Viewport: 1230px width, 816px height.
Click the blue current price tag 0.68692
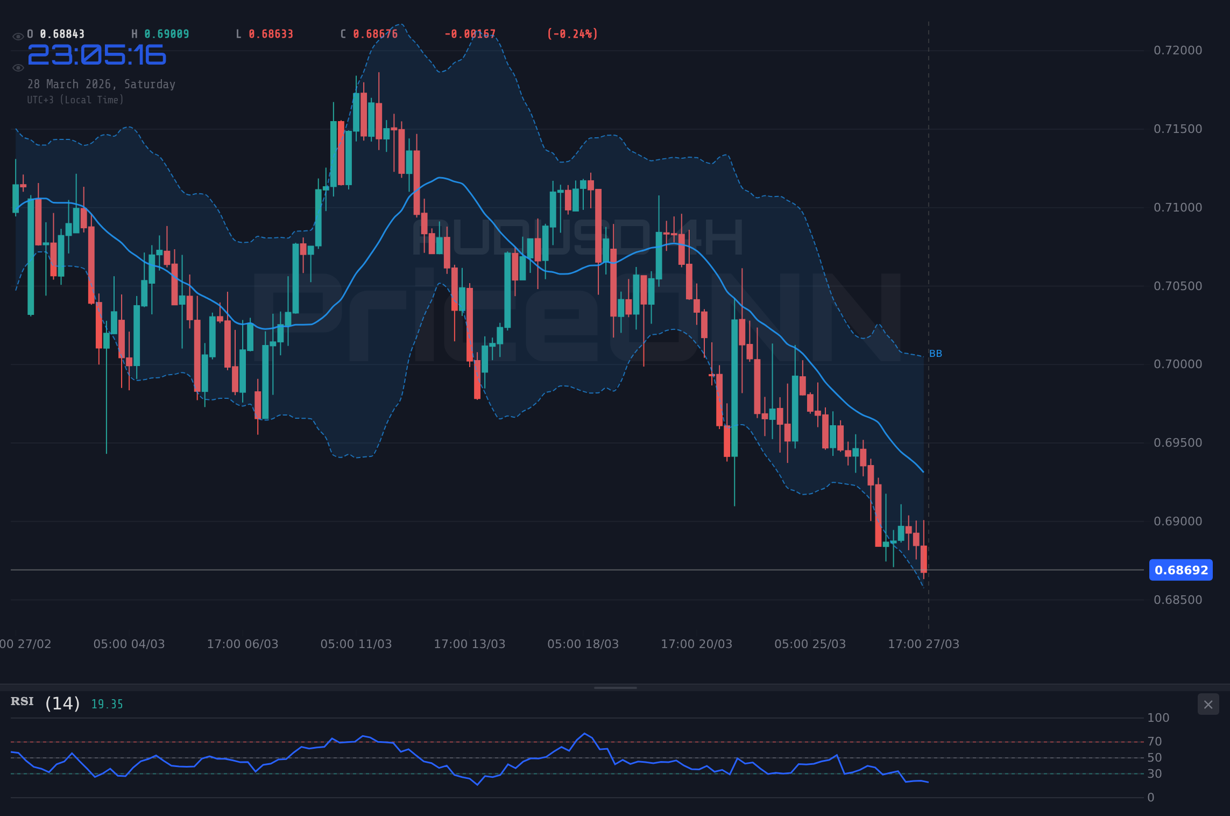point(1180,570)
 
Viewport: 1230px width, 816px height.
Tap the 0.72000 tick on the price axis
point(1177,51)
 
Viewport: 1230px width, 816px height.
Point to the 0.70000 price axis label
point(1177,364)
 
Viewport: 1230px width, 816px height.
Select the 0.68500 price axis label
point(1177,600)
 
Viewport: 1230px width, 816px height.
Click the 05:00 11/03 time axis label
point(356,644)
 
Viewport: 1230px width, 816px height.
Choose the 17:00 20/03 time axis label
point(696,644)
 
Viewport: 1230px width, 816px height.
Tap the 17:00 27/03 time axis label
point(923,644)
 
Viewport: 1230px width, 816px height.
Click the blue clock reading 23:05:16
point(97,55)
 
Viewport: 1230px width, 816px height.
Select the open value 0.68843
point(62,34)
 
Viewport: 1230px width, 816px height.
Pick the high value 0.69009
point(166,34)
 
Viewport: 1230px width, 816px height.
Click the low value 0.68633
point(271,34)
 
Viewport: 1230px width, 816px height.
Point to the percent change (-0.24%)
point(572,34)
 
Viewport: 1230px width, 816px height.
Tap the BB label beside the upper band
point(936,354)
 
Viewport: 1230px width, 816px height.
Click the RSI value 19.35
point(107,705)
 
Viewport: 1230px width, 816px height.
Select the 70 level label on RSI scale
point(1154,742)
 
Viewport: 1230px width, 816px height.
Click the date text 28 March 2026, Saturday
point(101,85)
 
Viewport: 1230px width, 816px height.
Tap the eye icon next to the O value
point(18,37)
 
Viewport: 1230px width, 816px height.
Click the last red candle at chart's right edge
point(924,559)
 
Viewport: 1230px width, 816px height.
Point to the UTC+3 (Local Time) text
point(75,100)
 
